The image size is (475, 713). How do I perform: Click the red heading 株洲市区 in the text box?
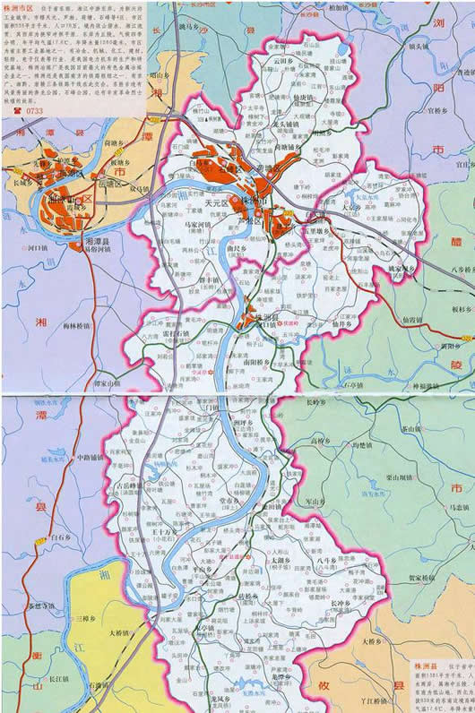coord(17,8)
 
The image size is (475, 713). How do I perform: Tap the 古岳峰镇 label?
coord(130,485)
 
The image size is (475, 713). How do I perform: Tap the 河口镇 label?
coord(44,268)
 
